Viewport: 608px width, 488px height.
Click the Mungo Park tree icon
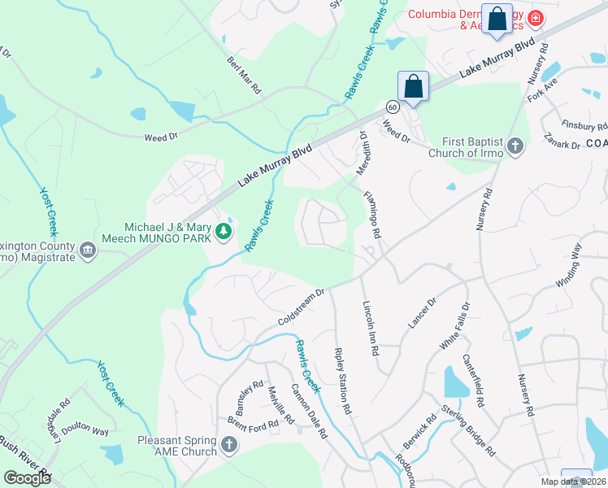pos(223,233)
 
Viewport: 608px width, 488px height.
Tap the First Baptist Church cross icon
pos(515,146)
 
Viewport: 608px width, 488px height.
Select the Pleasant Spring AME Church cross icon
pos(229,445)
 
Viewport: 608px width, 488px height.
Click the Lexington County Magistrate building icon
pos(88,252)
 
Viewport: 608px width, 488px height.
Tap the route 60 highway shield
pos(392,107)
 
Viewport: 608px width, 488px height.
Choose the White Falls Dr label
pos(454,326)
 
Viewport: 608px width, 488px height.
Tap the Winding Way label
pos(569,268)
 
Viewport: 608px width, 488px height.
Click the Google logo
pos(27,477)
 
